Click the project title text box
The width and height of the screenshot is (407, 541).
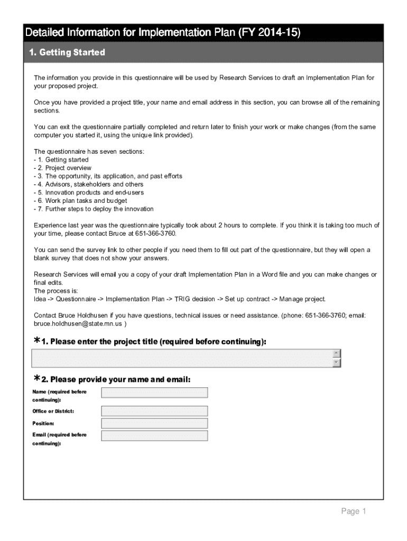pyautogui.click(x=182, y=358)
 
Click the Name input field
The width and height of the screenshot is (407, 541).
pyautogui.click(x=154, y=393)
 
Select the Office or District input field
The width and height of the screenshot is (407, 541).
pyautogui.click(x=154, y=411)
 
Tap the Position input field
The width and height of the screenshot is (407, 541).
pyautogui.click(x=154, y=423)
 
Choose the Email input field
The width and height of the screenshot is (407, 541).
pyautogui.click(x=154, y=435)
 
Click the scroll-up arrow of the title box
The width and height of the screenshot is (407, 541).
pyautogui.click(x=337, y=353)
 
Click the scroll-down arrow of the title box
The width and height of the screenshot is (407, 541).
pyautogui.click(x=337, y=363)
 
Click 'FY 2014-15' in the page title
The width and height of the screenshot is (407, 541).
pyautogui.click(x=270, y=33)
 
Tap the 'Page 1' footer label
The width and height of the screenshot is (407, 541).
pyautogui.click(x=353, y=511)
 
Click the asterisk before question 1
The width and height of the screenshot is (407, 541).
pyautogui.click(x=37, y=341)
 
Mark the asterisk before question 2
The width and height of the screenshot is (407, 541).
pyautogui.click(x=37, y=379)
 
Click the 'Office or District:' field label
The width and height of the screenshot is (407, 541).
pyautogui.click(x=53, y=411)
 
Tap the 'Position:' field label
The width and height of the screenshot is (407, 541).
pyautogui.click(x=43, y=423)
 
